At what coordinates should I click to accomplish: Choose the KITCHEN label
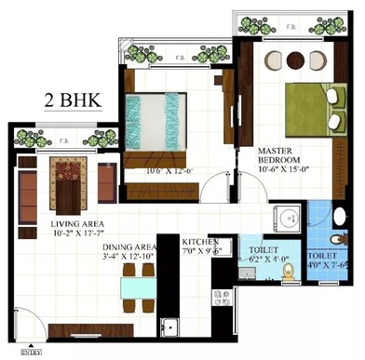(x=200, y=240)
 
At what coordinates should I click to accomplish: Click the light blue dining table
(x=138, y=287)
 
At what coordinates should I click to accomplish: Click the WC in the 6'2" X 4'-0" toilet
(x=287, y=273)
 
